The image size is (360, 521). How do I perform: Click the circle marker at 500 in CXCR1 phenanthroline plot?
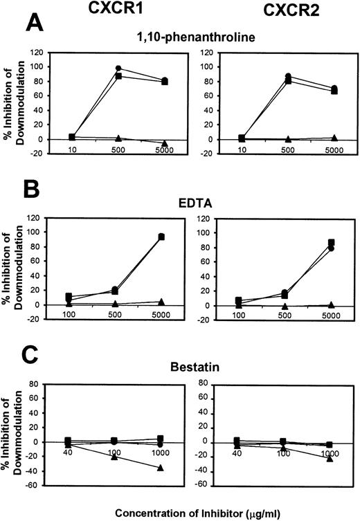(118, 68)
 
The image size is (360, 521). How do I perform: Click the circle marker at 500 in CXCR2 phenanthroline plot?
(288, 76)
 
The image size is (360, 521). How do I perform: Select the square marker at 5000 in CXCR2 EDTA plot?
(332, 243)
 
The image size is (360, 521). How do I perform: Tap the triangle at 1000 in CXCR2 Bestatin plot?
(330, 458)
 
